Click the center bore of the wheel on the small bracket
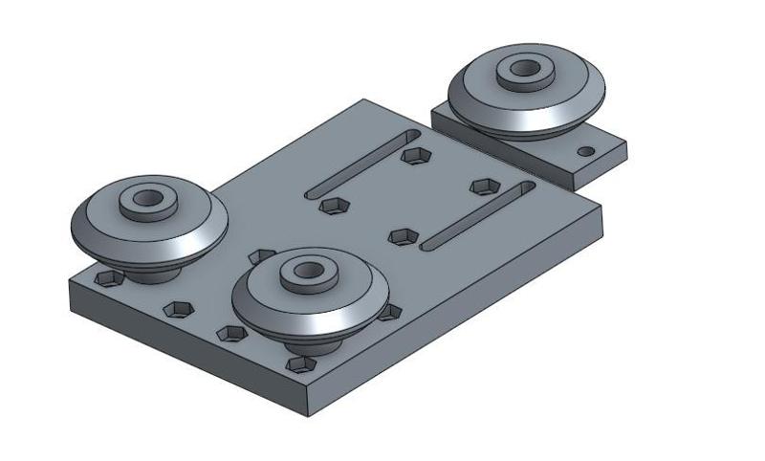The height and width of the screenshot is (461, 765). pyautogui.click(x=524, y=69)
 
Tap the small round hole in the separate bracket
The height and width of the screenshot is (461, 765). pyautogui.click(x=585, y=151)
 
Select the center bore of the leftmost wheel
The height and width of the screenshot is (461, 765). pyautogui.click(x=148, y=199)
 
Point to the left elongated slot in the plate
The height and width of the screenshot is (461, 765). pyautogui.click(x=363, y=164)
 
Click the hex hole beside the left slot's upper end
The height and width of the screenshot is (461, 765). pyautogui.click(x=414, y=154)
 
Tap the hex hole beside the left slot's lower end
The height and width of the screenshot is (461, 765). pyautogui.click(x=333, y=206)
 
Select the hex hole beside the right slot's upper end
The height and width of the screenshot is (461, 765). pyautogui.click(x=485, y=185)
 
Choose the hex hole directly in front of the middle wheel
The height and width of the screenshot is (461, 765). pyautogui.click(x=302, y=364)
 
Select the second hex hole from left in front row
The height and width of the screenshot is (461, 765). pyautogui.click(x=178, y=309)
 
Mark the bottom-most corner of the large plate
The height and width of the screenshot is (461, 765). pyautogui.click(x=312, y=415)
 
